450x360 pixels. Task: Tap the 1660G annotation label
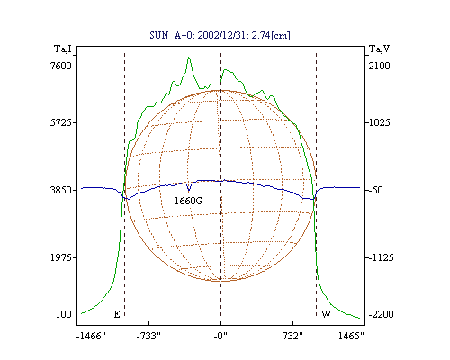coord(189,201)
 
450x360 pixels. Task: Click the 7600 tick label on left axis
coord(61,66)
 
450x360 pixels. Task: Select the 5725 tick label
coord(61,122)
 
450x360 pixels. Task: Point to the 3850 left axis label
coord(61,190)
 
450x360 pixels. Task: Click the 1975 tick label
coord(61,257)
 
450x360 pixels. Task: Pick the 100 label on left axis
coord(64,314)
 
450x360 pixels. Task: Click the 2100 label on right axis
coord(379,66)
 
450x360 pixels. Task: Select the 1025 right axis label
coord(380,122)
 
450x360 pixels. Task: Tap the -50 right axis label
coord(376,190)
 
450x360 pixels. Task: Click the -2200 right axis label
coord(382,314)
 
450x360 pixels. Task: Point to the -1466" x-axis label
coord(91,336)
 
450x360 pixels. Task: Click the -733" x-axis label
coord(148,336)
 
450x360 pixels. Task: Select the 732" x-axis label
coord(292,336)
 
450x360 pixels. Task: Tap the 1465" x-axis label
coord(351,336)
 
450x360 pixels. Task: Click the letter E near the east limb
coord(117,314)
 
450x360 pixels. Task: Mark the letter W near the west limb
coord(326,314)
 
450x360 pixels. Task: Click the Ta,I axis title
coord(63,49)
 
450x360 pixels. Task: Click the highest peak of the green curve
coord(189,57)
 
